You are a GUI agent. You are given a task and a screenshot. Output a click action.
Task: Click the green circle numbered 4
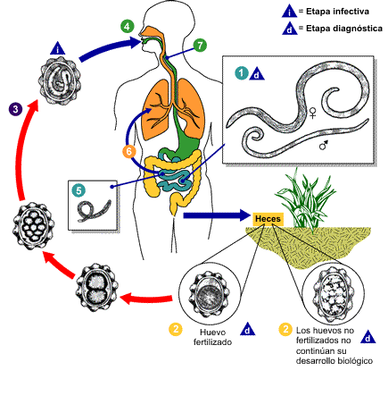(128, 27)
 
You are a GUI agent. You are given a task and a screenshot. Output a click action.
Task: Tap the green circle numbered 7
(200, 46)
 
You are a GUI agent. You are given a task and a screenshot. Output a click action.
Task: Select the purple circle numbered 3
(15, 109)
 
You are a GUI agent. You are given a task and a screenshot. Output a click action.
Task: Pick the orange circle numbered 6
(129, 151)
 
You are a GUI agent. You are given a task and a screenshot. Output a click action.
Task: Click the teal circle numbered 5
(78, 190)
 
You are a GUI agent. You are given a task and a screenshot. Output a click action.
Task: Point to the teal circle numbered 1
(242, 73)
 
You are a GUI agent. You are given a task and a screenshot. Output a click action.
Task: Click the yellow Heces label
(268, 219)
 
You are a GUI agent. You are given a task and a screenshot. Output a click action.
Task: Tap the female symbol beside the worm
(312, 113)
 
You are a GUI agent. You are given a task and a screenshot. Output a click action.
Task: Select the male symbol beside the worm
(324, 145)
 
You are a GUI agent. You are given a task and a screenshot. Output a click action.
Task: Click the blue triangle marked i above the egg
(58, 48)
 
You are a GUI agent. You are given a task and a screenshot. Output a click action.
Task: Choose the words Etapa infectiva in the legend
(337, 12)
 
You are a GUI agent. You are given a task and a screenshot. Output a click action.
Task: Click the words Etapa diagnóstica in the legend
(344, 29)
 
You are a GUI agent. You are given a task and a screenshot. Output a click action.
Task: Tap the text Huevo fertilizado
(212, 337)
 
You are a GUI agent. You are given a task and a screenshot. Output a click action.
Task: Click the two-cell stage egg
(97, 288)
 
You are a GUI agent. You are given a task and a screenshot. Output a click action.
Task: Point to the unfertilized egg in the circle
(333, 294)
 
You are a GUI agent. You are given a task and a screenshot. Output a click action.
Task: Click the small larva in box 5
(94, 210)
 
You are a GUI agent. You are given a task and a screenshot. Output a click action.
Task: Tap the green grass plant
(305, 198)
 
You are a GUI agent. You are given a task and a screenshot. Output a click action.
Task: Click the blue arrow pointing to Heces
(217, 215)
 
